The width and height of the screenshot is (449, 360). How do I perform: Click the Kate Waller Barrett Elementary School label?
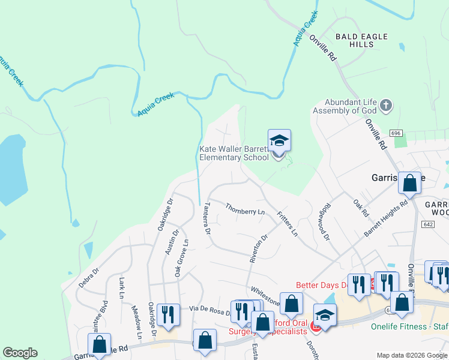[234, 154]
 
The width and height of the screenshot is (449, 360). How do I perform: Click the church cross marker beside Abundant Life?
[385, 106]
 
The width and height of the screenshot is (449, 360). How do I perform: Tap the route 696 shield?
[395, 133]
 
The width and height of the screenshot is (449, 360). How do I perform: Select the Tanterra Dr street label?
[206, 217]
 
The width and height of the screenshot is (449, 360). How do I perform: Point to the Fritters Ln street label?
[288, 223]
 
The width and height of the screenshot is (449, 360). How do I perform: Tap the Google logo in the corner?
[20, 353]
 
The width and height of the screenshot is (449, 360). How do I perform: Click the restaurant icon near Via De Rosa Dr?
[168, 314]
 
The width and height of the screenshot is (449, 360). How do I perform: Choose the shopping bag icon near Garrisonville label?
[409, 183]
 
